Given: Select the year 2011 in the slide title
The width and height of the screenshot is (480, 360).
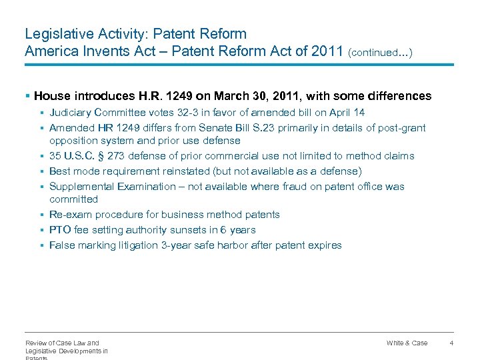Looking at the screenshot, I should coord(327,51).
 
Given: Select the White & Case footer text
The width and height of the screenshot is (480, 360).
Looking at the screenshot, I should coord(407,343).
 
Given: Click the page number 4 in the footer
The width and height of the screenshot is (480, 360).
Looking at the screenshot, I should coord(451,343).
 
